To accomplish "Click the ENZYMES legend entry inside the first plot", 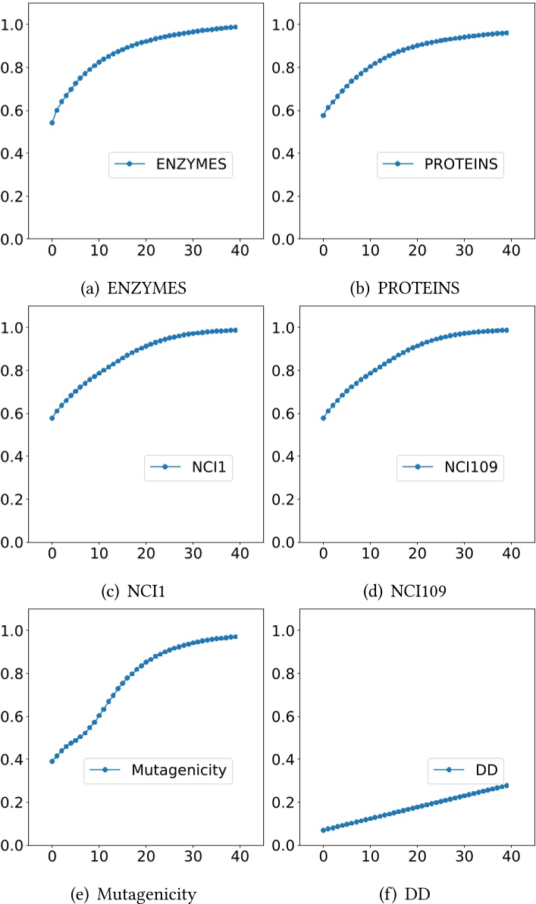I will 170,164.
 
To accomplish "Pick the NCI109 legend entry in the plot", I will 449,467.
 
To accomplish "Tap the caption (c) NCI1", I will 145,590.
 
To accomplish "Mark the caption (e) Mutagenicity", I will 145,893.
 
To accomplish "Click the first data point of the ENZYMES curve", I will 52,123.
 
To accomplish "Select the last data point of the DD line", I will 506,785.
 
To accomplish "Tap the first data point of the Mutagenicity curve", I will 52,761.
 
